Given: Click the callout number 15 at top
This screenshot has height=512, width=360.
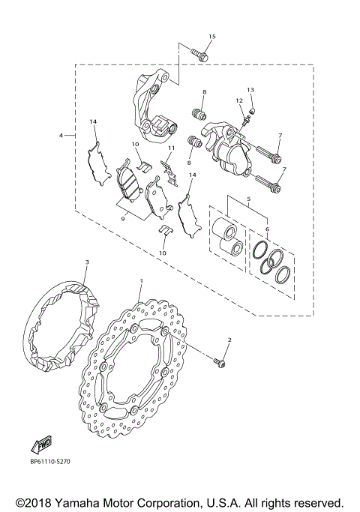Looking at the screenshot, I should [211, 37].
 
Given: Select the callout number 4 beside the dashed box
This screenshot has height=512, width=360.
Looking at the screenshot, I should [61, 136].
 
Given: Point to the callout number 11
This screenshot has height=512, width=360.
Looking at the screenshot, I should [171, 149].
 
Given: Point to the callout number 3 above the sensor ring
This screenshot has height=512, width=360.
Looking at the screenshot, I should [87, 262].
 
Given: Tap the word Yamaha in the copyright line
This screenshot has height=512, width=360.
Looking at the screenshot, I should [87, 502].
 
